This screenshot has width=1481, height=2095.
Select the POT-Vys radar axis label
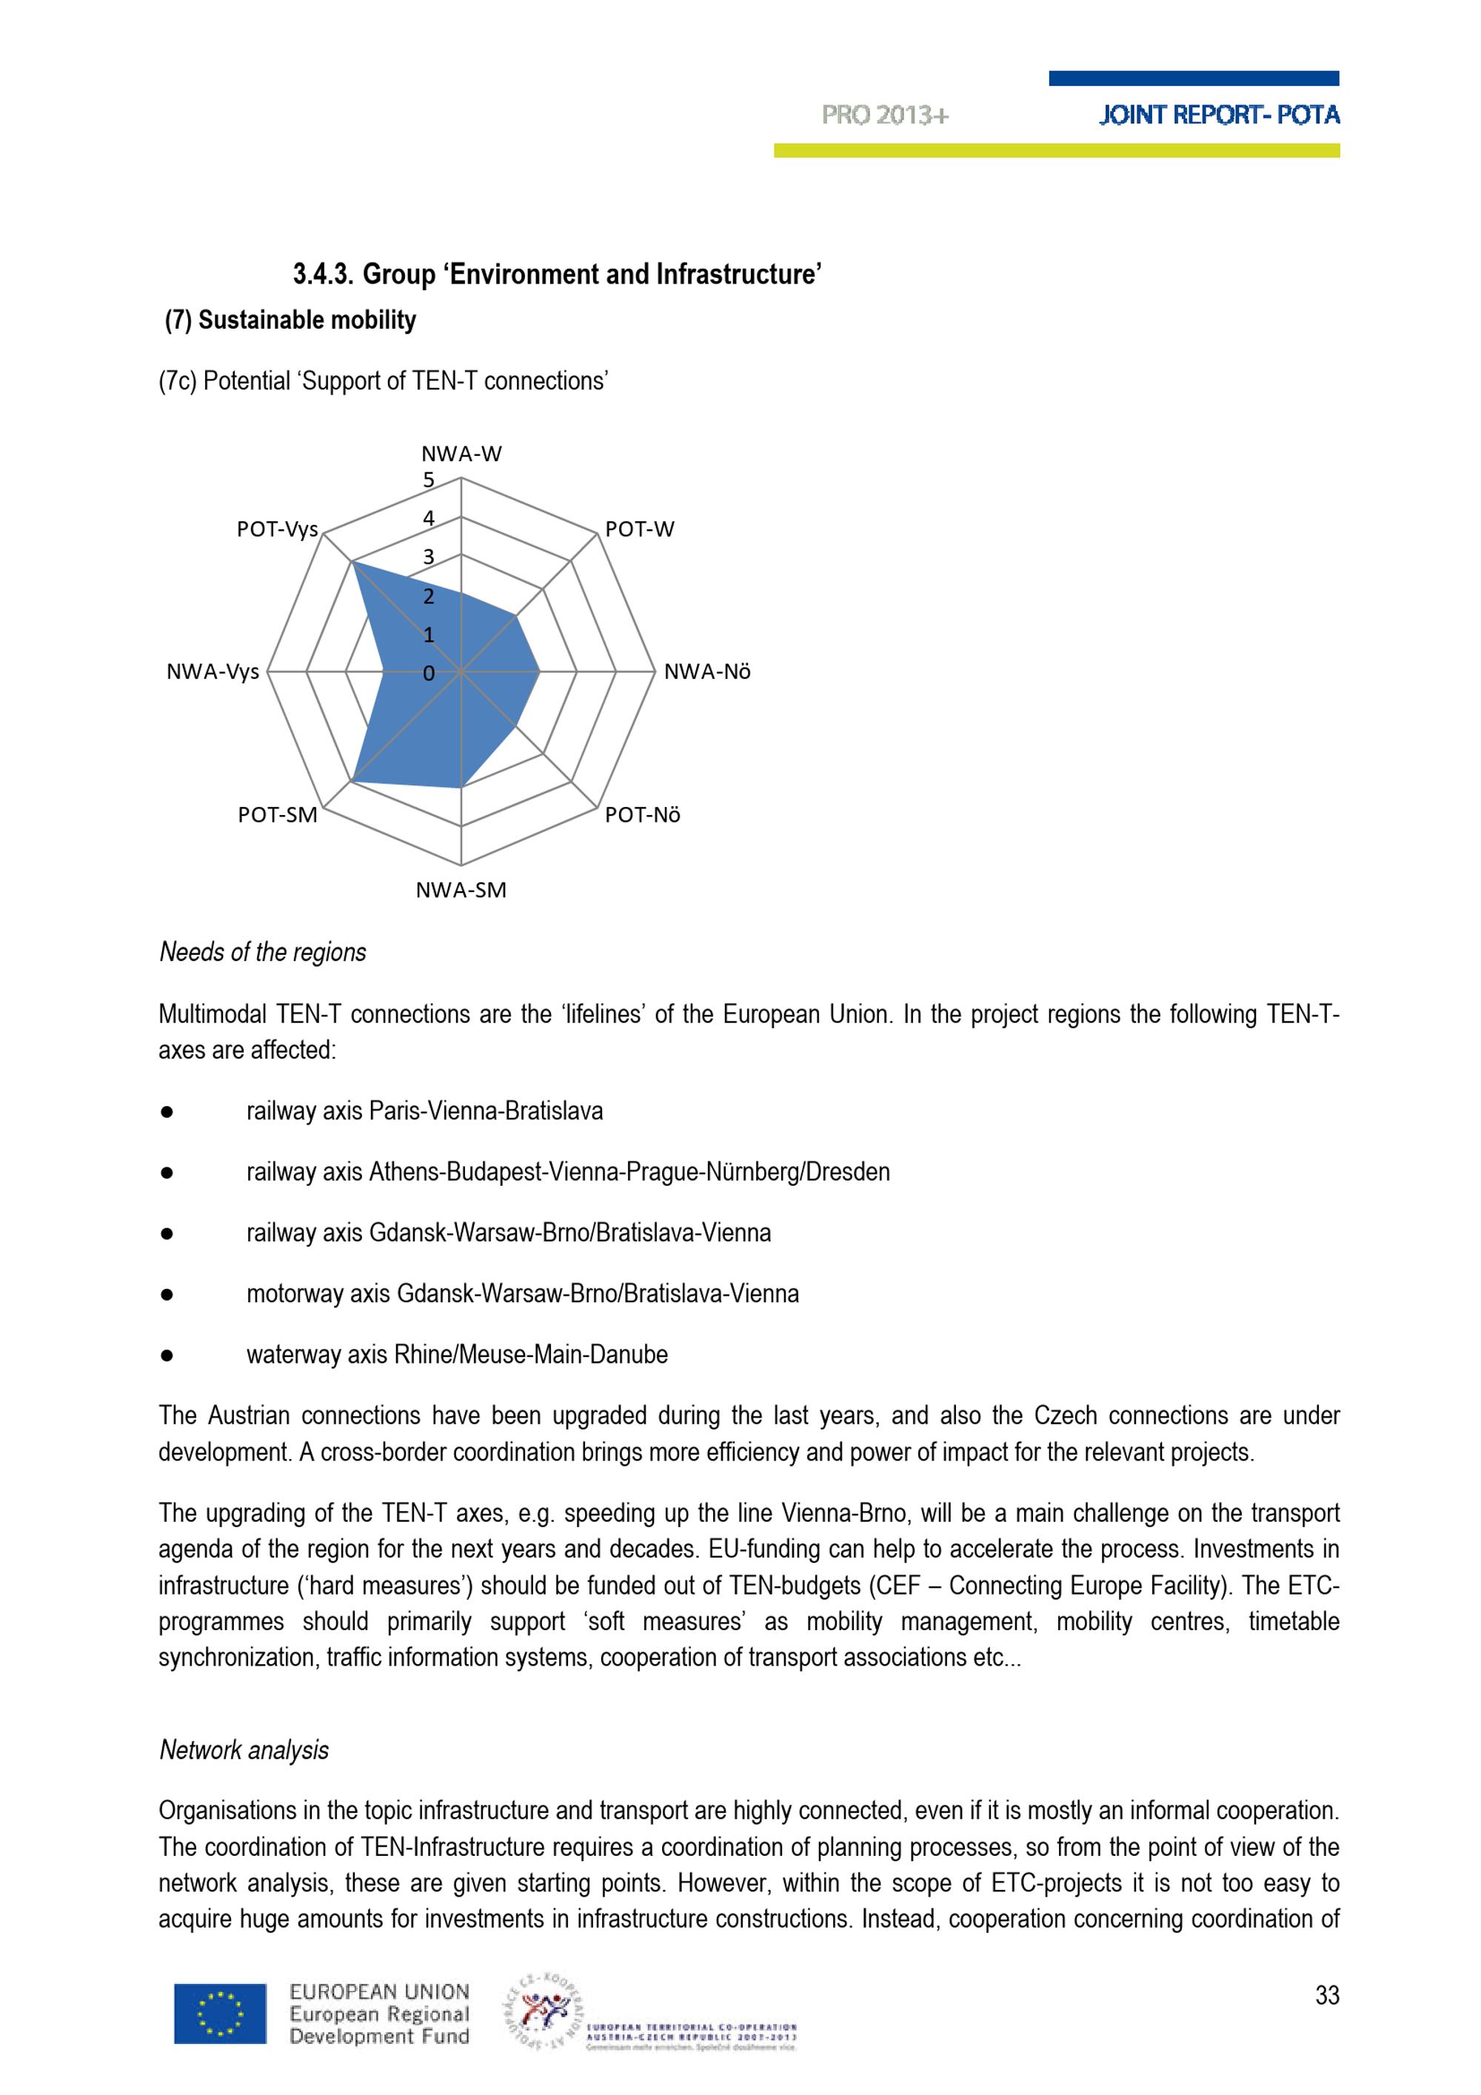coord(278,529)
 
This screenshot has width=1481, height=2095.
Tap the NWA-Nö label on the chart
coord(707,672)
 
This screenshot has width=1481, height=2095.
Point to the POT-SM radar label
coord(278,815)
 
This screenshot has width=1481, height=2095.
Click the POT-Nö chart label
coord(643,815)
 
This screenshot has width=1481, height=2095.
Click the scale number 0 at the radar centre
coord(428,674)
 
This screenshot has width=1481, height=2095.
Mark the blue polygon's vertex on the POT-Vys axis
coord(353,564)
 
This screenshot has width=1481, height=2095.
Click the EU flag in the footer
coord(220,2013)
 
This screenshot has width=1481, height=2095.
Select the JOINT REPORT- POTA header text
coord(1219,115)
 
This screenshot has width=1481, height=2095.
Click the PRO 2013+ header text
coord(884,115)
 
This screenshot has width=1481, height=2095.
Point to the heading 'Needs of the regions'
coord(263,953)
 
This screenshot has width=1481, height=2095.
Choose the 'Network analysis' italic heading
coord(244,1750)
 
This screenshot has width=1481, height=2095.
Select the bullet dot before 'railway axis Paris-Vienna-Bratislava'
coord(167,1113)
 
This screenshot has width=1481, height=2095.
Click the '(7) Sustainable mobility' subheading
coord(290,321)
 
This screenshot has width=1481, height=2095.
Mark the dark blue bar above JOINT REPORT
coord(1194,78)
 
